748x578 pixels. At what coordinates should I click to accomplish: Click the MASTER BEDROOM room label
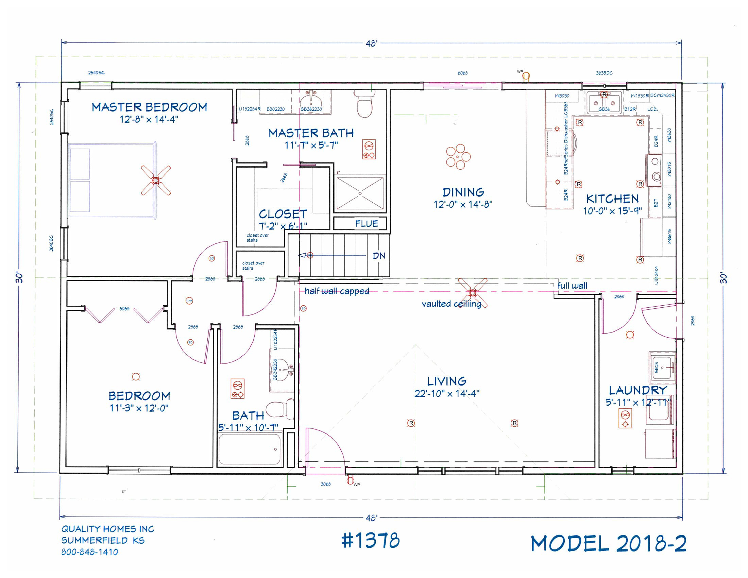click(149, 107)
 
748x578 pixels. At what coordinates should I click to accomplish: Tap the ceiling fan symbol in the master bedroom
click(156, 181)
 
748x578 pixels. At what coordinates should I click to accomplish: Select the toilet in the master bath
click(364, 103)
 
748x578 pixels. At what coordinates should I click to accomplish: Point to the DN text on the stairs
click(379, 256)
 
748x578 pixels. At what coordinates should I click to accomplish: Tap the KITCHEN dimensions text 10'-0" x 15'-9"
click(612, 211)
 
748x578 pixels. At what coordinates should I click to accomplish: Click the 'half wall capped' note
click(337, 291)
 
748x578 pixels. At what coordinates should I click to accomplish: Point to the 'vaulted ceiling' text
click(451, 304)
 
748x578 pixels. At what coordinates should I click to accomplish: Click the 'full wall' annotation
click(572, 286)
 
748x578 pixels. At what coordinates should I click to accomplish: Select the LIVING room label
click(447, 381)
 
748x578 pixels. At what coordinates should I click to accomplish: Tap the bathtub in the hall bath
click(250, 449)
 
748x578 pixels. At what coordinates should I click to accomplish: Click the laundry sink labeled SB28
click(662, 368)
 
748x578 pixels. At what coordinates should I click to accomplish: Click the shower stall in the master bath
click(360, 193)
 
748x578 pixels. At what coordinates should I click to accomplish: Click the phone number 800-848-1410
click(90, 552)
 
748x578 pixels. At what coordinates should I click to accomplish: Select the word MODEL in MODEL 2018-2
click(569, 543)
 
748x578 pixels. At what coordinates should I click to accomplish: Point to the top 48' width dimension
click(372, 44)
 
